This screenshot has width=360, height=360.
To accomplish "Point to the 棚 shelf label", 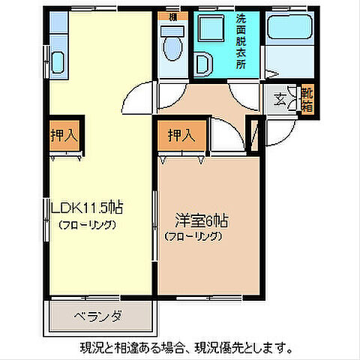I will tap(172, 16).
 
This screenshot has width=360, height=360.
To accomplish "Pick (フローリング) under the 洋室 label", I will tap(193, 236).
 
